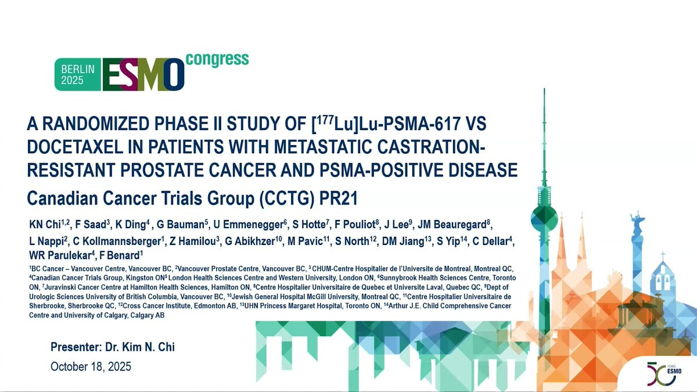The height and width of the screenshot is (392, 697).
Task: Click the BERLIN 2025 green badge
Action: click(x=78, y=74)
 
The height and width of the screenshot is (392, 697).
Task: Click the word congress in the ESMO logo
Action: click(x=217, y=59)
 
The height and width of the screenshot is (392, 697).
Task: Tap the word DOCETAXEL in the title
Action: click(x=75, y=146)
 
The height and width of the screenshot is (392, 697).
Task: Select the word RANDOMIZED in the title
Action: click(x=95, y=124)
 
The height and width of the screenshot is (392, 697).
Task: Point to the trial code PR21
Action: click(x=339, y=198)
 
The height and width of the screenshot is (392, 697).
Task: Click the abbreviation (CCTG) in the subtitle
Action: click(x=287, y=198)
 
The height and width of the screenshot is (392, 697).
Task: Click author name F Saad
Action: click(x=91, y=224)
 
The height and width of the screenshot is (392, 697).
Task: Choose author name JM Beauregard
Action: click(x=452, y=224)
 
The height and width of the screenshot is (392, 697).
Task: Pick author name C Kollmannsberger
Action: click(x=116, y=241)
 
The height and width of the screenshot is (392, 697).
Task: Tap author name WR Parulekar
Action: click(x=60, y=256)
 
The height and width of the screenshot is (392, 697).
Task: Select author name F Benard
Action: click(x=119, y=256)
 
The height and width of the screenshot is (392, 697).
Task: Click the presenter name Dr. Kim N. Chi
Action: click(x=140, y=347)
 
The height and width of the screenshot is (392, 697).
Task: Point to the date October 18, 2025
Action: click(x=91, y=366)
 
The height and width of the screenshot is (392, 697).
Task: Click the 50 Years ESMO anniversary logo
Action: click(x=664, y=373)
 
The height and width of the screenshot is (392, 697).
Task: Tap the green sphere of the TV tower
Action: click(x=544, y=215)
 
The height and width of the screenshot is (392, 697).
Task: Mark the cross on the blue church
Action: click(x=663, y=256)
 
